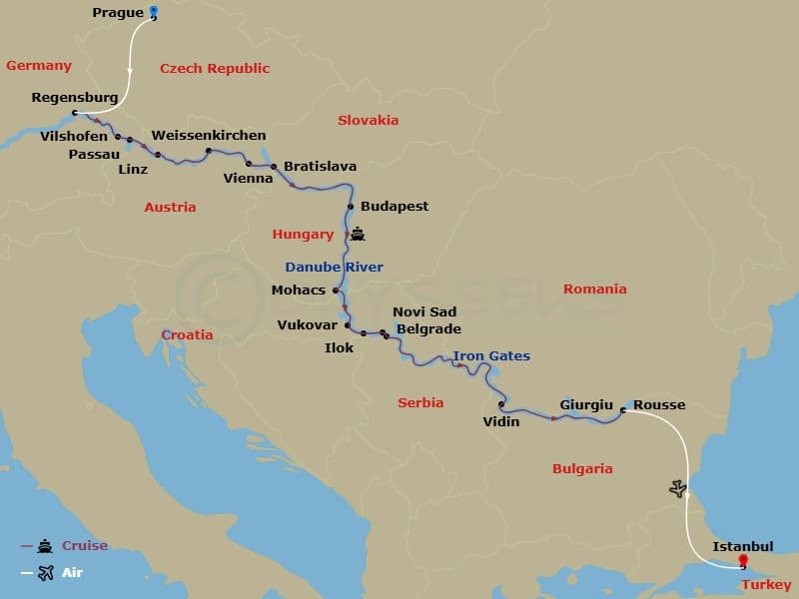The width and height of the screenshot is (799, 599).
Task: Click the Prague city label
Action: tap(117, 13)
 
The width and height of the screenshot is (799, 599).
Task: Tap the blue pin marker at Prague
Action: tap(154, 13)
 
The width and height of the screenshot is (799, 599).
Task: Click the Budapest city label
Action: tap(395, 207)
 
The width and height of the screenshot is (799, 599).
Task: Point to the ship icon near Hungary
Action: tap(358, 236)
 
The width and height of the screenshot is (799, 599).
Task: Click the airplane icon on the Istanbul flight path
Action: tap(679, 488)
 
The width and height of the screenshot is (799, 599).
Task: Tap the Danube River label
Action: tap(334, 267)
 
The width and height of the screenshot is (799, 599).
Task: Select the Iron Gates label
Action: tap(491, 356)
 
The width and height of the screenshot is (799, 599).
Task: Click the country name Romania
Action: tap(594, 289)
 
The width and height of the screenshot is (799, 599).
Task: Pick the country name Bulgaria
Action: tap(581, 468)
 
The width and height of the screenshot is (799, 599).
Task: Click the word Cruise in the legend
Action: tap(85, 546)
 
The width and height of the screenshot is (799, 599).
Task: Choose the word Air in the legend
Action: tap(73, 572)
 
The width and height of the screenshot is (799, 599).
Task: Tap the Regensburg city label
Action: tap(75, 98)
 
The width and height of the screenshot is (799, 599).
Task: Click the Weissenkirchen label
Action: tap(209, 135)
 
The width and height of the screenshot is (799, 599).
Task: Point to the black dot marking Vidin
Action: tap(500, 404)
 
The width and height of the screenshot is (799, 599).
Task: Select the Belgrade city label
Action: tap(428, 328)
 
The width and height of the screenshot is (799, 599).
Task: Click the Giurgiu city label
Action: tap(586, 405)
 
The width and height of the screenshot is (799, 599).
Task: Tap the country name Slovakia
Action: tap(368, 120)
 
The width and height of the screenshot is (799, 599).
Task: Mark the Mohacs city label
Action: tap(299, 291)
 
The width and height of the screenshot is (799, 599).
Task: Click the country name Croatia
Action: tap(187, 334)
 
